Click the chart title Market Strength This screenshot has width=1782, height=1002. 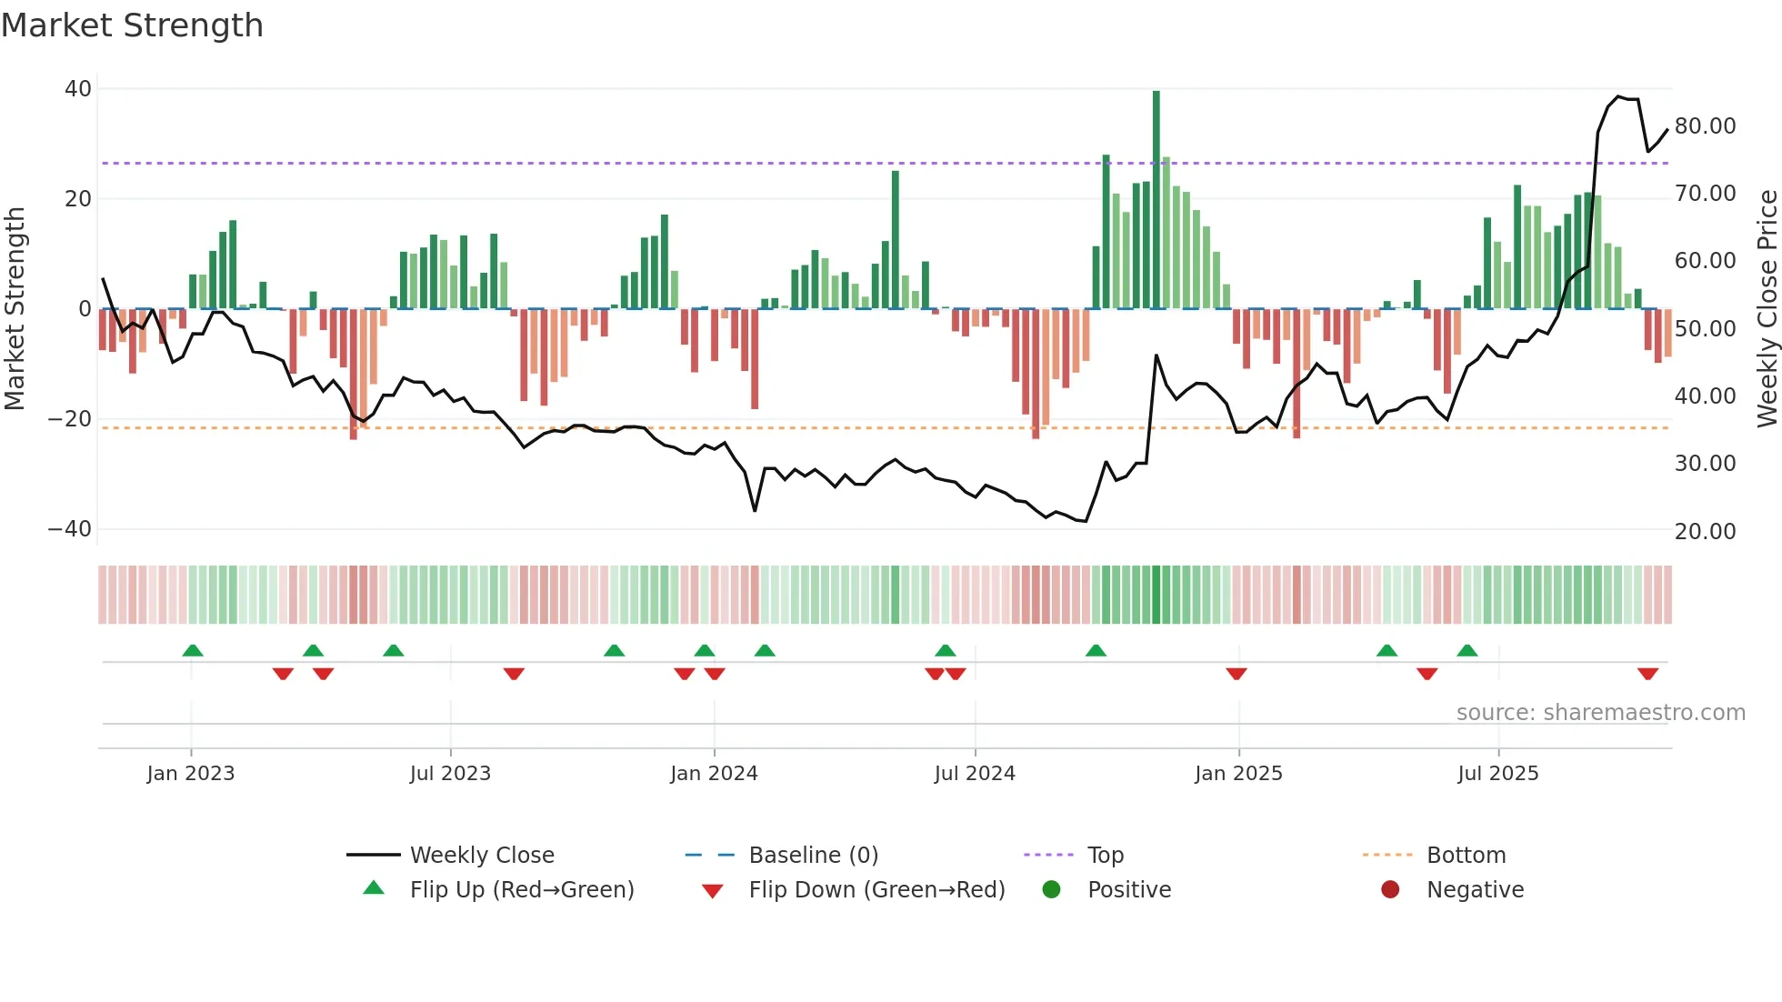pos(132,25)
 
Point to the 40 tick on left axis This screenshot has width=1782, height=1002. pos(78,89)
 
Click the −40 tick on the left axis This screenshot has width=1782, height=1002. pos(70,529)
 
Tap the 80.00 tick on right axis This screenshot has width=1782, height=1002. pos(1705,126)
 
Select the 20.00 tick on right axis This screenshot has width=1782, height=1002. pos(1705,532)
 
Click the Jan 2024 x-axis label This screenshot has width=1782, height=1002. pos(714,774)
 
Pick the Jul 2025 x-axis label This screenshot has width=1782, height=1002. pos(1497,774)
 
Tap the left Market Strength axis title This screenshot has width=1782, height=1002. pos(15,309)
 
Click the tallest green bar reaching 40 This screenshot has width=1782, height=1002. pos(1156,200)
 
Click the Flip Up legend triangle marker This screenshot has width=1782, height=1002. pos(374,888)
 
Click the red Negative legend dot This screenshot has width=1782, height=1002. pos(1390,890)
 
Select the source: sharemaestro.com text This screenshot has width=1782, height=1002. pos(1600,713)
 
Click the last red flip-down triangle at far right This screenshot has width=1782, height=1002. pos(1648,674)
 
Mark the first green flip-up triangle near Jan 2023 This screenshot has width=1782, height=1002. pos(193,650)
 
